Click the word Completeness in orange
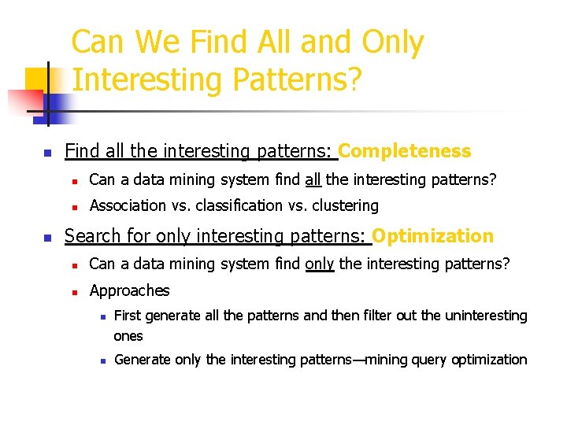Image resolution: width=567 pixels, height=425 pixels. pos(405,151)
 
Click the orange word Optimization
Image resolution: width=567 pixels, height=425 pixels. pos(432,236)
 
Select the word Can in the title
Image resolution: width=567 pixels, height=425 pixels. pos(101,42)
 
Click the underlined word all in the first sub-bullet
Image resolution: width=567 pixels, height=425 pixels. pos(313,180)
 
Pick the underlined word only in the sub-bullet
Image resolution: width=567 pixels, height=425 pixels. pos(320,264)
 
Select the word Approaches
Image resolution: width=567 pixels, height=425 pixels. pos(130,290)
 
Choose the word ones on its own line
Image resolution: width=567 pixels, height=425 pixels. pos(128,336)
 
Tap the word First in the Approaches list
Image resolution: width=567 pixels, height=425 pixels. pos(128,316)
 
